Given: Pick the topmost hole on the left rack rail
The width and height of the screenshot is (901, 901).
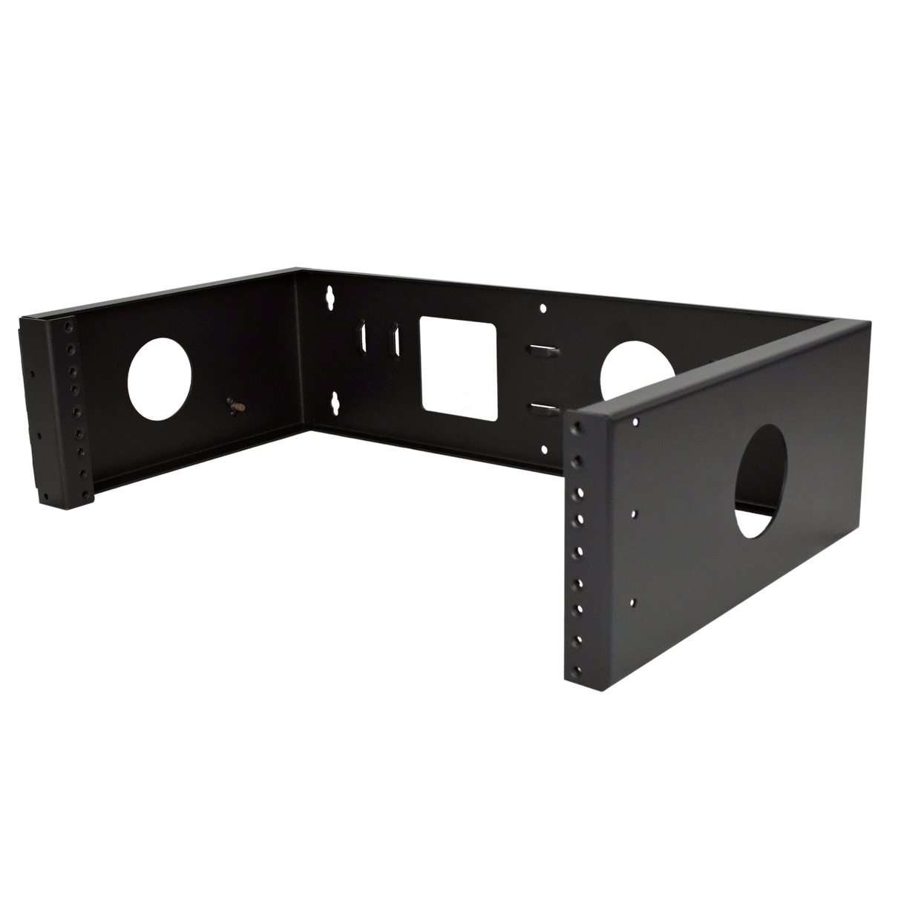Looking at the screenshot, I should click(x=69, y=327).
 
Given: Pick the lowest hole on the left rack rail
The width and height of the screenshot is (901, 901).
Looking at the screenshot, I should click(x=75, y=494).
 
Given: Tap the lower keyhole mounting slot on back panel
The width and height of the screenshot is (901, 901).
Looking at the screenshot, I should click(x=335, y=401).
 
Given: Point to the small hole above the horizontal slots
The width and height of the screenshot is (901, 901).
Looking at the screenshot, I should click(x=544, y=307).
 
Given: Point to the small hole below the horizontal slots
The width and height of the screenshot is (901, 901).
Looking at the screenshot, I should click(x=545, y=448).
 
